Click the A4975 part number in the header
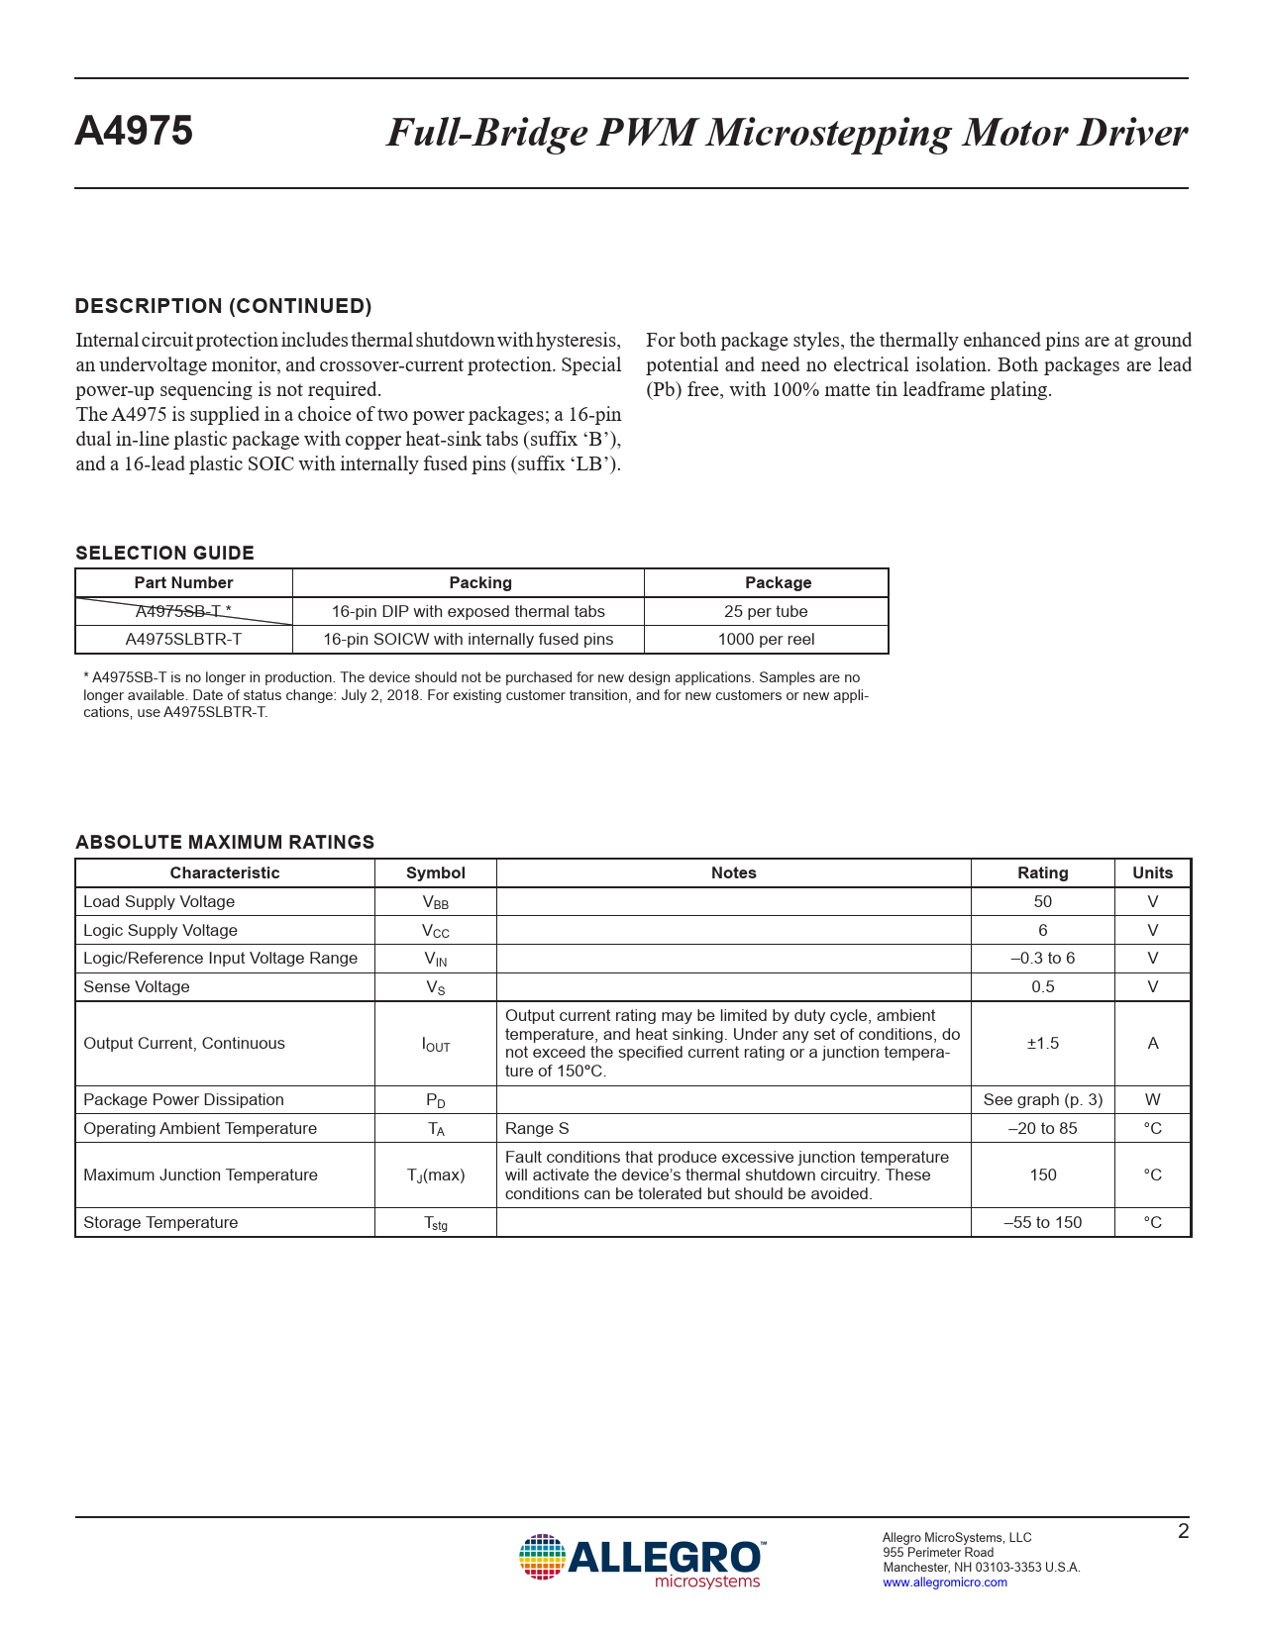click(x=134, y=132)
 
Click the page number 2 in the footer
click(x=1183, y=1531)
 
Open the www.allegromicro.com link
click(x=944, y=1583)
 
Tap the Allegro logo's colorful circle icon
click(x=542, y=1557)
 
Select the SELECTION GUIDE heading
click(x=164, y=554)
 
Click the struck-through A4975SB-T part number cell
click(x=183, y=611)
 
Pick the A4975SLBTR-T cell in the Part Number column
click(x=183, y=640)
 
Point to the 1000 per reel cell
click(x=766, y=640)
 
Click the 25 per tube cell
click(x=766, y=611)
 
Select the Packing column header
click(x=480, y=583)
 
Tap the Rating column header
click(x=1042, y=872)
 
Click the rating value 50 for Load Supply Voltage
click(x=1042, y=901)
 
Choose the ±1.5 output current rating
click(x=1042, y=1043)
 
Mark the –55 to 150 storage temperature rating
click(x=1042, y=1222)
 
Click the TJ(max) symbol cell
click(x=435, y=1175)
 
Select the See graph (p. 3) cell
click(x=1042, y=1099)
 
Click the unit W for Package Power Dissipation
click(x=1152, y=1099)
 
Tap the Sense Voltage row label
click(x=137, y=986)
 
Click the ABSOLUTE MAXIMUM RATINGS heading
click(x=225, y=843)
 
